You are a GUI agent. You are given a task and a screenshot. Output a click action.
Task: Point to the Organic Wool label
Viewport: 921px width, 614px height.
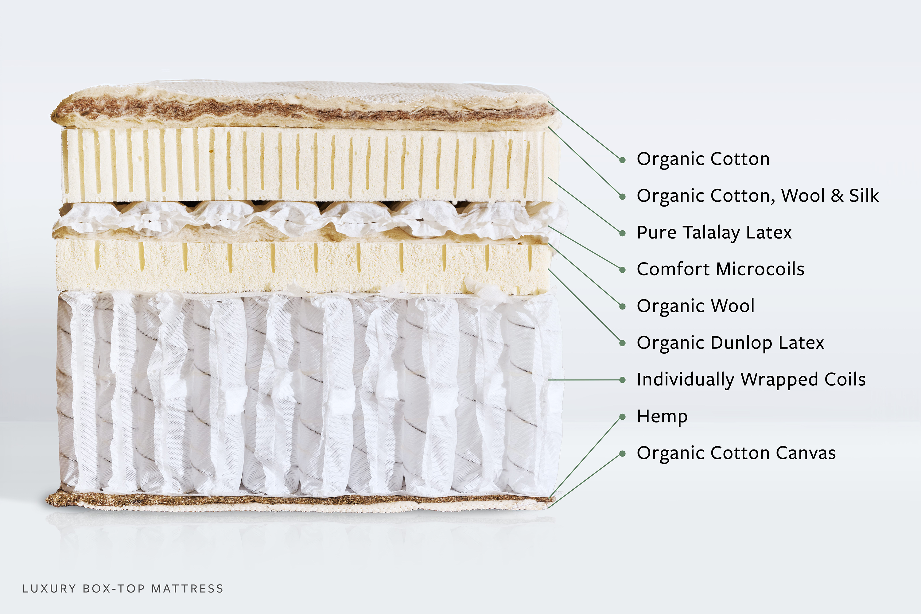[695, 306]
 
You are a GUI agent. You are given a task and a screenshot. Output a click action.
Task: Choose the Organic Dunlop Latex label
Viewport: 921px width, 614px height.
[730, 343]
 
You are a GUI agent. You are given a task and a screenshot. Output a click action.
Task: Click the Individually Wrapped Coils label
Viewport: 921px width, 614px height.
[751, 379]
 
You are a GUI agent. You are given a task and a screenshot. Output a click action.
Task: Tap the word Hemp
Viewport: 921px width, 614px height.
[662, 416]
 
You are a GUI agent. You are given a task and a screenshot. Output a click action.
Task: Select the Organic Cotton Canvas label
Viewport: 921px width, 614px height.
[736, 453]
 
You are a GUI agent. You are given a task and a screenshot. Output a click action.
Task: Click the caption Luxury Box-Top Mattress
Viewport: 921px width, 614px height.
[122, 589]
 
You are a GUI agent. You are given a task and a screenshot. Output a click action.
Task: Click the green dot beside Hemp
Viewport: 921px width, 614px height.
[622, 417]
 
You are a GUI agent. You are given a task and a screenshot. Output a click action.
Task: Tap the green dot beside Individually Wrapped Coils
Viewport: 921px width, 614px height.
[622, 380]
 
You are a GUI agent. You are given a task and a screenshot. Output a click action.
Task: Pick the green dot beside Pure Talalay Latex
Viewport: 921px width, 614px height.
[622, 233]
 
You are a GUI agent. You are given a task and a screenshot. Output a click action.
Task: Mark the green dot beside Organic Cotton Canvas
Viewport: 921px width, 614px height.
[622, 454]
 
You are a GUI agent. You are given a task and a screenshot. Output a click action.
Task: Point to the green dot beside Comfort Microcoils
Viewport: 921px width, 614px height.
[622, 270]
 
